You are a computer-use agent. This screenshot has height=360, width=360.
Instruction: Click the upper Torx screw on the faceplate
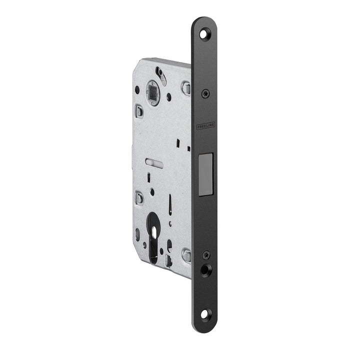[205, 93]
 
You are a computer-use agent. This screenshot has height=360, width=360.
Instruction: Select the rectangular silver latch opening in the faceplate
[205, 172]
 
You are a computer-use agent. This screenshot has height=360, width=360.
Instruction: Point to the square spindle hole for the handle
[152, 92]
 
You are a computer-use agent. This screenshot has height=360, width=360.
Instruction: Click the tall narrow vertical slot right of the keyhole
[170, 205]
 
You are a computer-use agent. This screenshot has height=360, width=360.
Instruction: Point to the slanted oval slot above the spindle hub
[160, 74]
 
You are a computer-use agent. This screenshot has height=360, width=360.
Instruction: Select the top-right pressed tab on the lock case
[186, 89]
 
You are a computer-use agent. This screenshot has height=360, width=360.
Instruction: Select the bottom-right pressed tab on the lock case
[186, 256]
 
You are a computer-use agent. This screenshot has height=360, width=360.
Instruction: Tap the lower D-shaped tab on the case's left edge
[139, 198]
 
